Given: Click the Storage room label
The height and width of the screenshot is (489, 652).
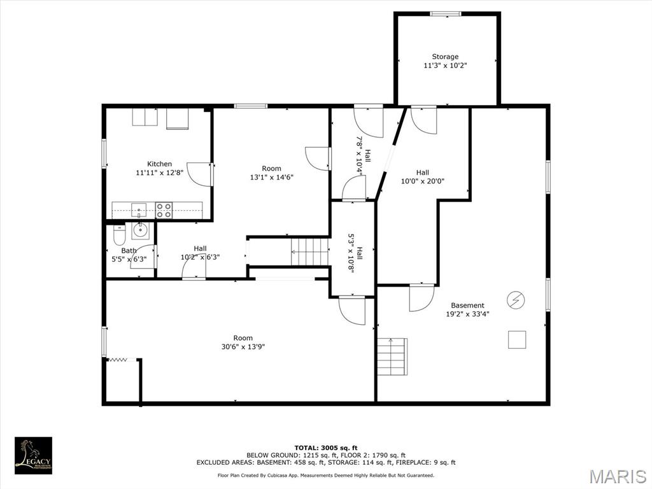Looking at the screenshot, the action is [445, 57].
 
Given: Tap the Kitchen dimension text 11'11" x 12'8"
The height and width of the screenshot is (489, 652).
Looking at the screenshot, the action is [159, 173].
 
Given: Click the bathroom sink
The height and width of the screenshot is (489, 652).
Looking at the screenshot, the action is [141, 230].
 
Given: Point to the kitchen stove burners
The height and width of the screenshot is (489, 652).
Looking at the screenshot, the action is [164, 210].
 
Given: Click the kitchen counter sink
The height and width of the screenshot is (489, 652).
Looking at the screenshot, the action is [139, 210].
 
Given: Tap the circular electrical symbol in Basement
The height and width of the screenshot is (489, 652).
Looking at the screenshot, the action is [516, 299].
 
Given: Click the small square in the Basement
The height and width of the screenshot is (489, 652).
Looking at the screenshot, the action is [517, 339].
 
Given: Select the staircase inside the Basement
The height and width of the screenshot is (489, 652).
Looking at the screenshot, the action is [392, 357].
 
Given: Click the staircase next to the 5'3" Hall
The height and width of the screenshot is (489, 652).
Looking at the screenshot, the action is [310, 252].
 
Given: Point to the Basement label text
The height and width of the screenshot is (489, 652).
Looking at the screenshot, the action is [467, 305].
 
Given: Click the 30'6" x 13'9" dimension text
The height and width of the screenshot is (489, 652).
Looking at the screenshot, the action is [243, 346].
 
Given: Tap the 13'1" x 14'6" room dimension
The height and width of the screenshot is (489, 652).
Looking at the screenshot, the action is [271, 177].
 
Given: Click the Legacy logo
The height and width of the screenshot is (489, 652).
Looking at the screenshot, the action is [33, 455].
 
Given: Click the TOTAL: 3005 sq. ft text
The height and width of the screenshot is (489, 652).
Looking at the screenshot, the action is [326, 448].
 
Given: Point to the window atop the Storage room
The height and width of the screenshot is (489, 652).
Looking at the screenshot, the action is [445, 14].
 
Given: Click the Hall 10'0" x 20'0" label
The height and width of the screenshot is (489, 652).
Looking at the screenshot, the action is [423, 177].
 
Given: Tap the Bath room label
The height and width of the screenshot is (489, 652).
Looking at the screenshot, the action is [129, 250].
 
